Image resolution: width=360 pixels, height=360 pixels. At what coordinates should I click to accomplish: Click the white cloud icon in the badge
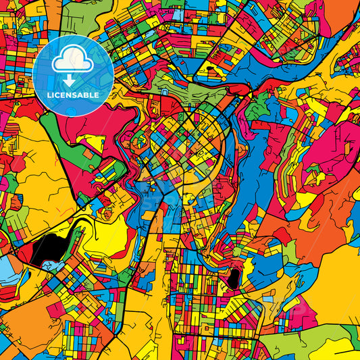72,60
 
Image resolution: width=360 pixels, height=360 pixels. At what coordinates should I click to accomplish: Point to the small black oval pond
234,276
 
